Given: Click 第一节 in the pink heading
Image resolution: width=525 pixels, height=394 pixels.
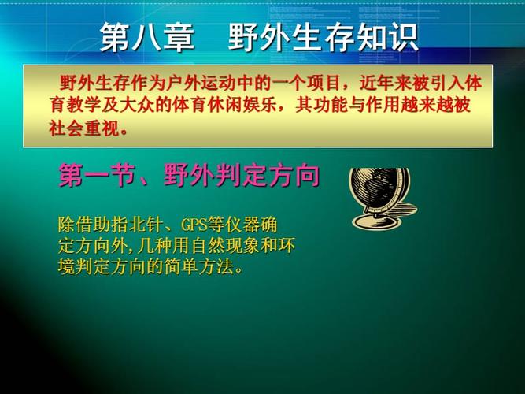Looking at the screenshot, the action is [x=98, y=176].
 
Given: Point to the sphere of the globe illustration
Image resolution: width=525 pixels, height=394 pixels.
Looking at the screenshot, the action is [x=379, y=187].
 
